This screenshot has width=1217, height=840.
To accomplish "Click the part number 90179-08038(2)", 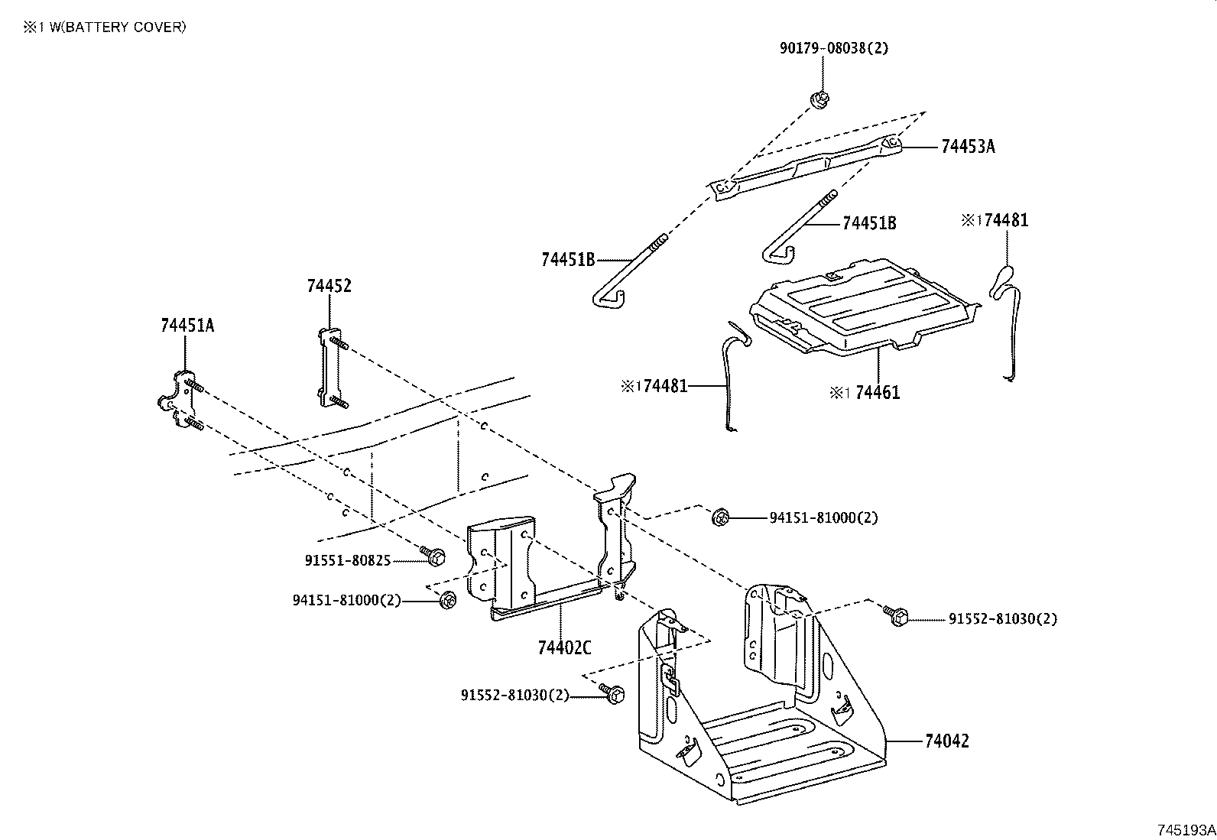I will (x=834, y=47).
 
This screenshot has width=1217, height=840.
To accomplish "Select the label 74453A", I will (x=968, y=147).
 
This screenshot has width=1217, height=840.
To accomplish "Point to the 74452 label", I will (x=329, y=286).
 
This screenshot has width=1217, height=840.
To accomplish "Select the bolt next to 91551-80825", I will (x=433, y=556).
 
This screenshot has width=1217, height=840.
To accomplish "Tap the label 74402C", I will (x=564, y=647).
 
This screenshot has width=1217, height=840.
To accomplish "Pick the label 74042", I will (x=946, y=741).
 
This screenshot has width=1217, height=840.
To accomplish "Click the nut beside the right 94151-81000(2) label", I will (x=719, y=517).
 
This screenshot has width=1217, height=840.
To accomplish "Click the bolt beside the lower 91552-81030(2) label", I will (x=613, y=693).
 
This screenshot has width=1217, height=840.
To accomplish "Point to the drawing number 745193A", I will (x=1185, y=829).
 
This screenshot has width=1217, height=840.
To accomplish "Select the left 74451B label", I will (x=567, y=259).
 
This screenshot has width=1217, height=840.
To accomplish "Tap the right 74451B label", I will (x=869, y=223).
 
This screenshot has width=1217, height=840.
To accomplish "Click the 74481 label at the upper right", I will (x=1006, y=221).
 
